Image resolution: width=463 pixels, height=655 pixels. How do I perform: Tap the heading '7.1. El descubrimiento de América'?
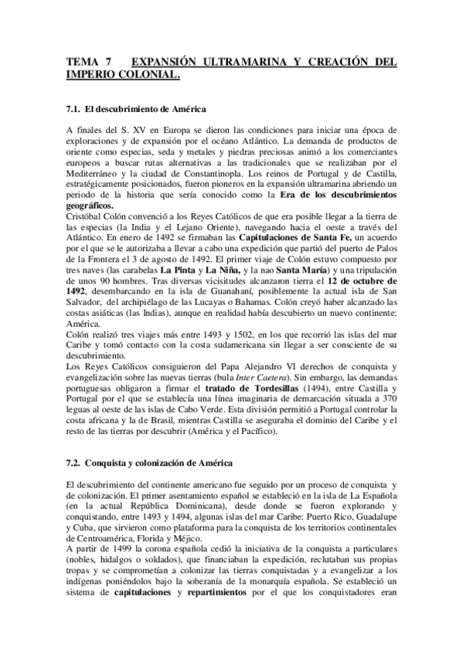135,110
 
